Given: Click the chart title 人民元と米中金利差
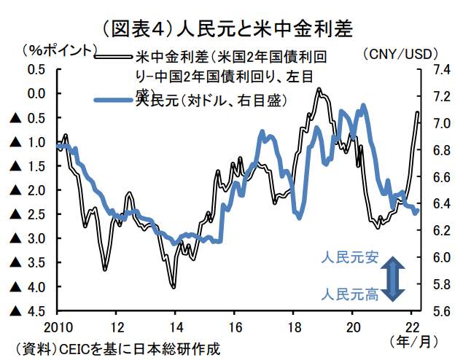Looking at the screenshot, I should click(x=235, y=28).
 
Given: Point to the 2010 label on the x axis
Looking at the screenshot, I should click(x=57, y=326).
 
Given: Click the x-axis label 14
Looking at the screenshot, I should click(x=175, y=326).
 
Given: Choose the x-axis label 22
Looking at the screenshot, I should click(x=412, y=326).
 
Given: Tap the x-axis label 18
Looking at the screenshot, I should click(x=294, y=326).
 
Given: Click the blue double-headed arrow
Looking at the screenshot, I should click(x=392, y=278).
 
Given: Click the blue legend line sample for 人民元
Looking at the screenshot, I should click(x=115, y=101).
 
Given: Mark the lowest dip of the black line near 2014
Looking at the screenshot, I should click(x=174, y=287).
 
